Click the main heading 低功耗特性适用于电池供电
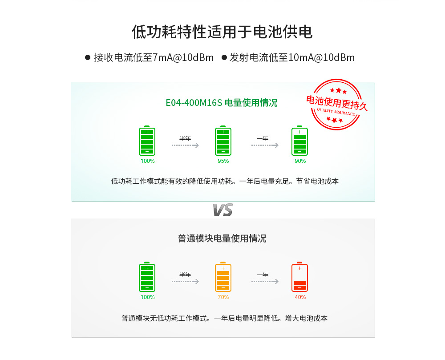(x=222, y=32)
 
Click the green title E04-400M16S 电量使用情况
(x=221, y=103)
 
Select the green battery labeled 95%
(x=223, y=141)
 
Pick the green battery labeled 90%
(x=299, y=141)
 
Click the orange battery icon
(x=223, y=277)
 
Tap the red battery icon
(x=299, y=277)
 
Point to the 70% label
(x=223, y=297)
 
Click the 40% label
(x=300, y=297)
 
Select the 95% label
(x=223, y=161)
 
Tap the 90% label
(x=300, y=161)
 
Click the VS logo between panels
(x=222, y=210)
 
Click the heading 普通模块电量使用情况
(x=222, y=239)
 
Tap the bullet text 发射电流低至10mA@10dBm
(x=292, y=58)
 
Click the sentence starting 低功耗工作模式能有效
(x=225, y=182)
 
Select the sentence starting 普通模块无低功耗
(x=224, y=319)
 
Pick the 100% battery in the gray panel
(x=147, y=277)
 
